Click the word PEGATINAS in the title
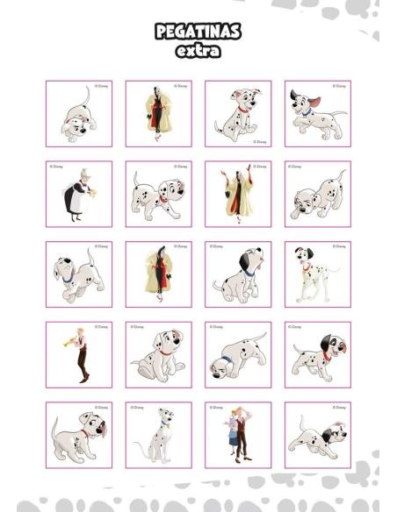(x=198, y=32)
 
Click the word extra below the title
(x=198, y=51)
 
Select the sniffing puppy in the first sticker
(x=77, y=119)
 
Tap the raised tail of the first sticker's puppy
(x=87, y=95)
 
